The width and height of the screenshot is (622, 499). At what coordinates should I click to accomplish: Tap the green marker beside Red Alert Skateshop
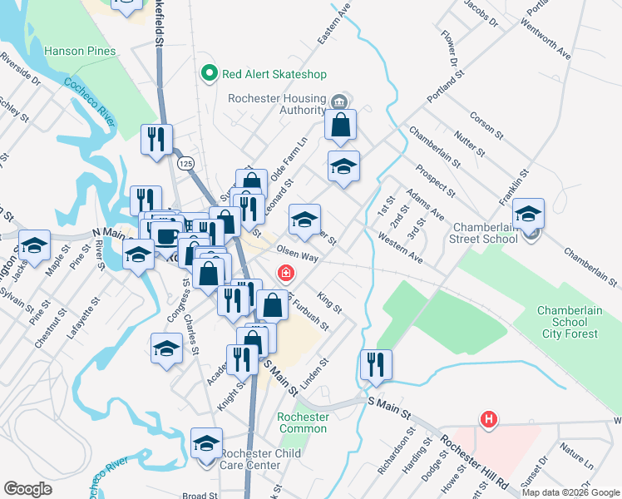click(210, 73)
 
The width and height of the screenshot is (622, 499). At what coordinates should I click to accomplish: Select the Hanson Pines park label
click(81, 51)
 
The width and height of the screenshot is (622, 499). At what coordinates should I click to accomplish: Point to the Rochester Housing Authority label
click(278, 104)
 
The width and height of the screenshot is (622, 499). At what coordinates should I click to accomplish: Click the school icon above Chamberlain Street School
click(528, 215)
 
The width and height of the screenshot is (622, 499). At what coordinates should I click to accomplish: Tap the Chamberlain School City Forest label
click(567, 322)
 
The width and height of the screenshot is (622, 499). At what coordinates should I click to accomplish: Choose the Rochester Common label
click(304, 422)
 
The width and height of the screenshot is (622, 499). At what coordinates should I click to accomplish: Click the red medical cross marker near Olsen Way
click(285, 273)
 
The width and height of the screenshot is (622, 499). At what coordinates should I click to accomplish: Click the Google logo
click(28, 489)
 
